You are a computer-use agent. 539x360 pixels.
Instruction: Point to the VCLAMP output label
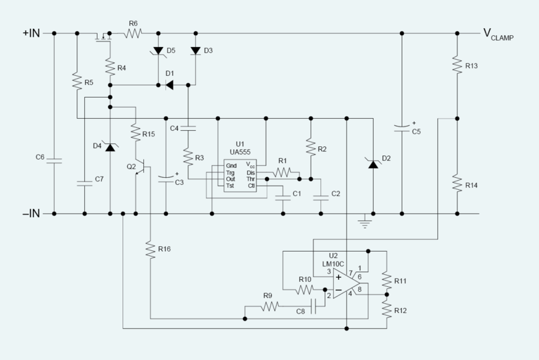(498, 34)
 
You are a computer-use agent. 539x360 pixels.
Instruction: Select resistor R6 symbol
(133, 33)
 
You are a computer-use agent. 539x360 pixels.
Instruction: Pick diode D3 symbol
(195, 51)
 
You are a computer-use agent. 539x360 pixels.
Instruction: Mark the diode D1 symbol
(169, 85)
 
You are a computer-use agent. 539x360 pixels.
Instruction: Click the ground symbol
(364, 224)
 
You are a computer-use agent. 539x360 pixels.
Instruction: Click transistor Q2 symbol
(142, 167)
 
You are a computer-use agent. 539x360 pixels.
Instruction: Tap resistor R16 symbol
(150, 249)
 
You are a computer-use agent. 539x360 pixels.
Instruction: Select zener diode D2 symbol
(372, 163)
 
